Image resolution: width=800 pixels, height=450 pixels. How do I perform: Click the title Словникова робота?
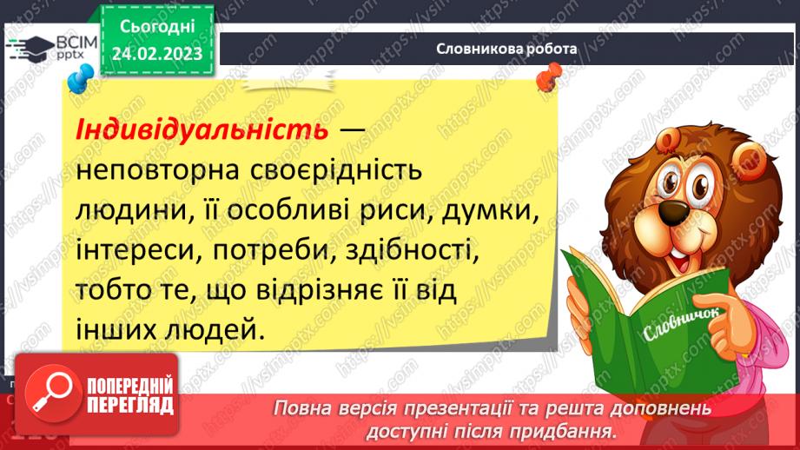(506, 49)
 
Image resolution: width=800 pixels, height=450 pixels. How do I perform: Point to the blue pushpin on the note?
(76, 82)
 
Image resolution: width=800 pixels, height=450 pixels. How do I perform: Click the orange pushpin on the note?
(547, 80)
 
